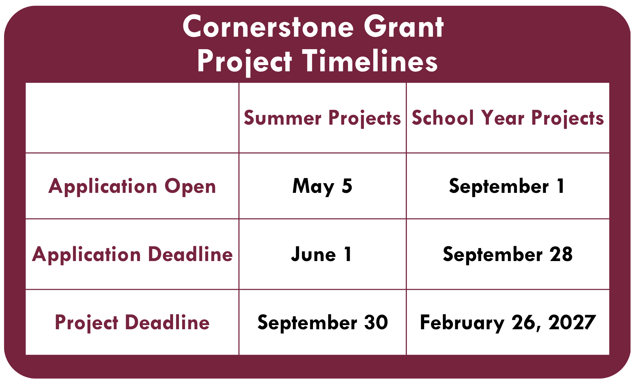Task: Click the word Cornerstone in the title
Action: coord(268,27)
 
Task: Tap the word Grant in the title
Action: coord(404,27)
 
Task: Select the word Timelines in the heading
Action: coord(370,61)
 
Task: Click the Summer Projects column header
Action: coord(322,118)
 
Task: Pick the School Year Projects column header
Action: coord(508,118)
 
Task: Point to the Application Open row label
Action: coord(132,186)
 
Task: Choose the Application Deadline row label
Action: coord(132,254)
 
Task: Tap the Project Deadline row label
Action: coord(132,323)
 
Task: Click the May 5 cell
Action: coord(322,186)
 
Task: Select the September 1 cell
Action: coord(507,186)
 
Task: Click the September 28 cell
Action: coord(508,254)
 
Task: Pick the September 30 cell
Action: coord(323,323)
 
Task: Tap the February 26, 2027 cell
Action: coord(508,323)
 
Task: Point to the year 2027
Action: coord(572,322)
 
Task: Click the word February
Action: coord(462,323)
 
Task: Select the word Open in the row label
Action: coord(190,187)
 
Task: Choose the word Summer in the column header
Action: coord(283,118)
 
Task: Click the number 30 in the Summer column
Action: coord(376,322)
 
